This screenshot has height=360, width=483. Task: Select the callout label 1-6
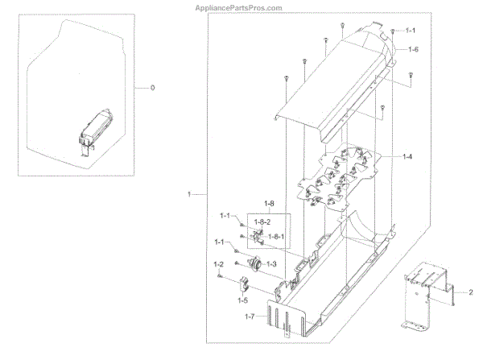(x=413, y=50)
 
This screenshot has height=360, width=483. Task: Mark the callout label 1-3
(x=272, y=265)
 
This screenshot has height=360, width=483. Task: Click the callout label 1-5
(x=242, y=300)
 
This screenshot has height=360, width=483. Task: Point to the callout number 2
(x=471, y=292)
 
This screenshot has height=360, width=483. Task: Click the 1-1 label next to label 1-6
(x=410, y=30)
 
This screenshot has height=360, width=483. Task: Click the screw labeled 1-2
(x=219, y=275)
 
